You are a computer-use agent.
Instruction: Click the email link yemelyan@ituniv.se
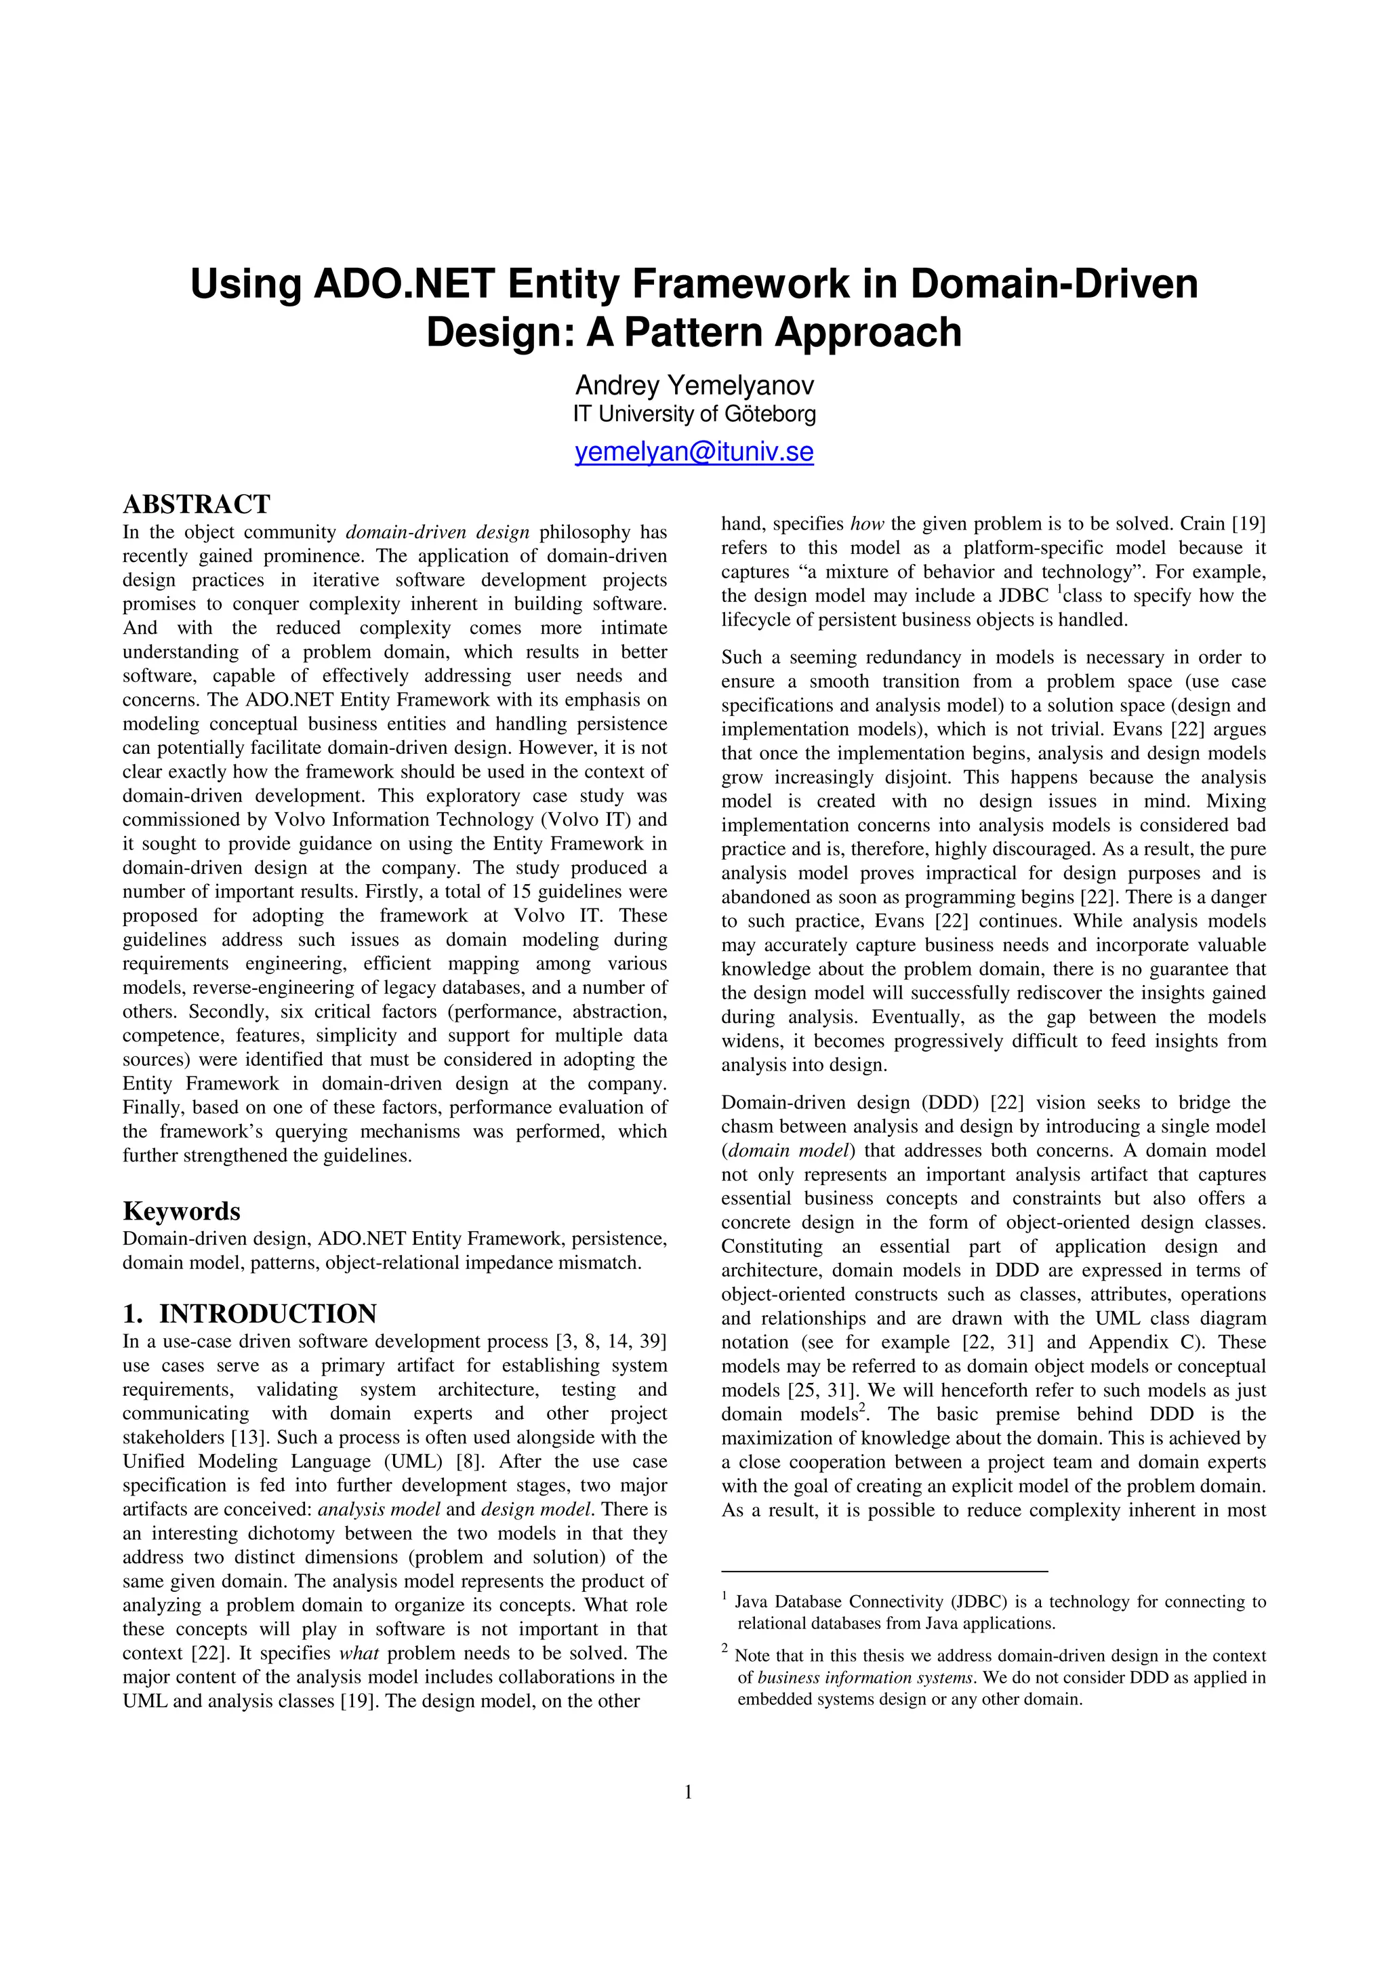[693, 452]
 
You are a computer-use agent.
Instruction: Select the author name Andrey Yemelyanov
[693, 385]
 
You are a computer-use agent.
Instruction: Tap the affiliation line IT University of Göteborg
[693, 415]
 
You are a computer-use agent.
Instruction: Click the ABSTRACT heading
[197, 503]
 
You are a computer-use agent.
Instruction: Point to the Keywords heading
[182, 1211]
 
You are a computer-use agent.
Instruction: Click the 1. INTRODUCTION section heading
[249, 1314]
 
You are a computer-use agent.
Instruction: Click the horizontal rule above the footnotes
[884, 1571]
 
